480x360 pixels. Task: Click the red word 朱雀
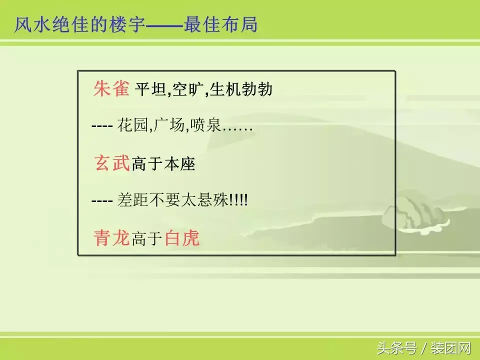click(x=111, y=89)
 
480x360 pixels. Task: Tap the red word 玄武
click(x=112, y=163)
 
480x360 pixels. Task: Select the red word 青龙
click(x=112, y=238)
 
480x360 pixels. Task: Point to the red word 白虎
click(x=182, y=238)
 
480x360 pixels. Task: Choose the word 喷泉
click(x=206, y=126)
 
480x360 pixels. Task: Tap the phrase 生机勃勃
click(x=241, y=90)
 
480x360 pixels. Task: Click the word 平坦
click(x=151, y=90)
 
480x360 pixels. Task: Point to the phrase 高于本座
click(x=163, y=164)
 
